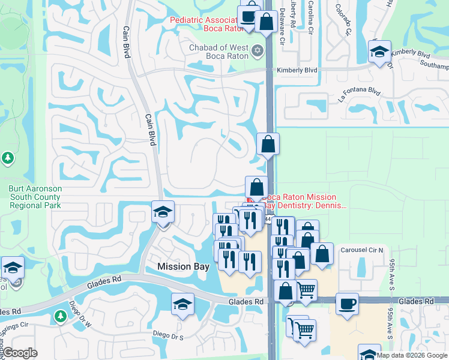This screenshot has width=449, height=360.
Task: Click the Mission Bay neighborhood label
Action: pos(182,266)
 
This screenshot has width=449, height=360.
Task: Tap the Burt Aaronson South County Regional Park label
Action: pos(35,196)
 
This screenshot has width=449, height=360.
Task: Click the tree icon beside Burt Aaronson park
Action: pos(7,158)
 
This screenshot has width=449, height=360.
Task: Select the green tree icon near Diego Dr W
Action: pos(60,315)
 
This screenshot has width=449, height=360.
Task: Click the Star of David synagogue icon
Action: pos(258,49)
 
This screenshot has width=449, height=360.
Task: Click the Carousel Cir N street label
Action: pos(361,250)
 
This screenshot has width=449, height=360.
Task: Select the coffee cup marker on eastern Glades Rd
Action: pos(346,302)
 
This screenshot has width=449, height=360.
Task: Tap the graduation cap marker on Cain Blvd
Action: pos(162,212)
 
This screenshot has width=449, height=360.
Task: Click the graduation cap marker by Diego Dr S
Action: pos(182,304)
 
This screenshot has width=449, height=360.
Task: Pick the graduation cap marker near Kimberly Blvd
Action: pos(379,52)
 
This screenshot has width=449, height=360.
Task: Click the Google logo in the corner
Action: pos(20,353)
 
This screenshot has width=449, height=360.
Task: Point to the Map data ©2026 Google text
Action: pos(412,355)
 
